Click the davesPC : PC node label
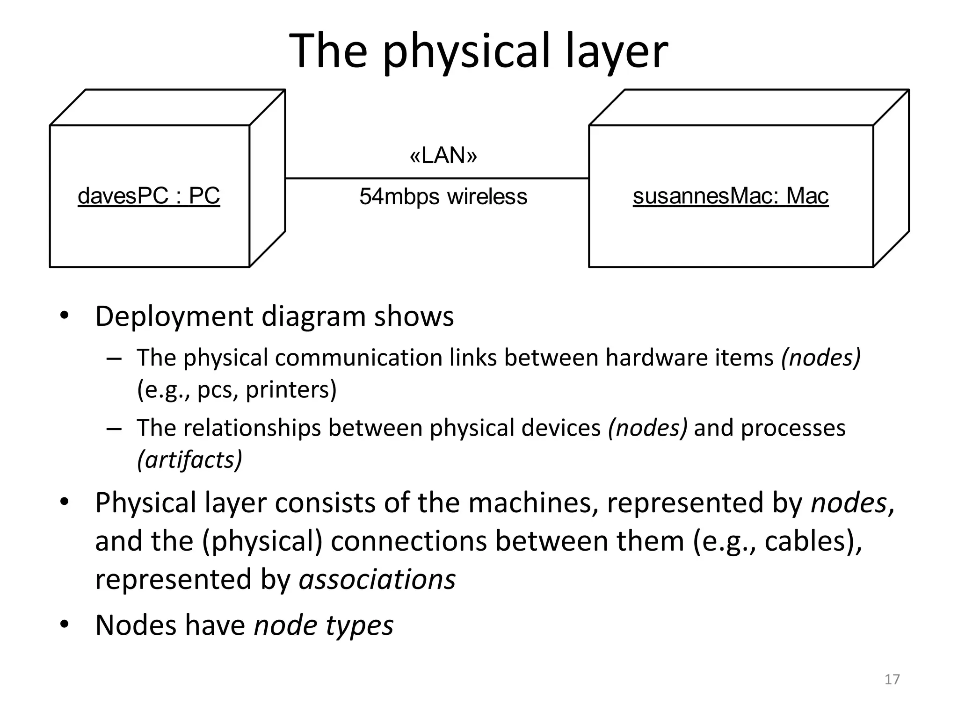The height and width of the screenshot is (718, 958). click(149, 196)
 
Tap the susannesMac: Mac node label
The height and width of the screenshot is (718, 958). click(730, 196)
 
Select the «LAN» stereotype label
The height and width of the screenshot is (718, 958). click(443, 156)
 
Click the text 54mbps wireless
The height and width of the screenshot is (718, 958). click(443, 197)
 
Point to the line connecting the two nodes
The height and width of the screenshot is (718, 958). click(437, 178)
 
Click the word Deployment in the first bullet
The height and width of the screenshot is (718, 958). click(174, 317)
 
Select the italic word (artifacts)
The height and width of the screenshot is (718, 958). click(189, 460)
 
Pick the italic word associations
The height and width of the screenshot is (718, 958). click(377, 580)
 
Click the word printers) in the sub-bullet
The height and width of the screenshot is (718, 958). click(291, 390)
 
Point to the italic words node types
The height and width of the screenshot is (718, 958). click(324, 625)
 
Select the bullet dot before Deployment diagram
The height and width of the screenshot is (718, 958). click(64, 316)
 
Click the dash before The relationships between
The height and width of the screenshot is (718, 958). click(114, 429)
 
